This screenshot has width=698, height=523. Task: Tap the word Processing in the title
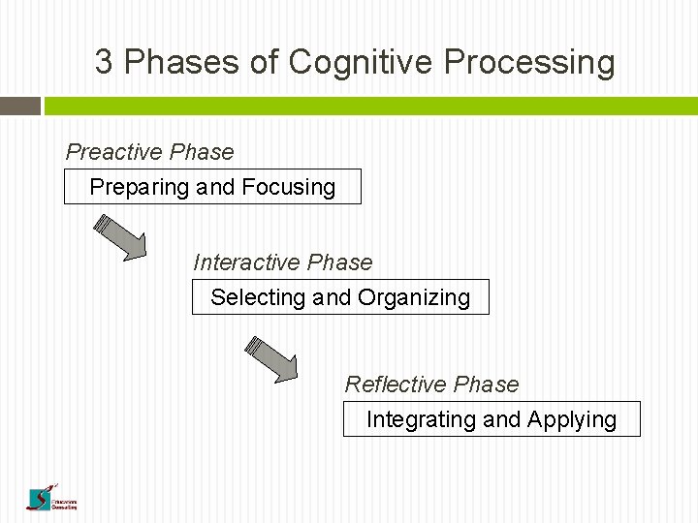click(529, 63)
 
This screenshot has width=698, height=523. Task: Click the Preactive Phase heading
click(149, 152)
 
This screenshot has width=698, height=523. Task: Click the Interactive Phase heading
click(282, 262)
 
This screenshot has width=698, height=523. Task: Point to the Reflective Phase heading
click(431, 385)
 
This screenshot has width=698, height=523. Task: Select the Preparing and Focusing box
click(212, 187)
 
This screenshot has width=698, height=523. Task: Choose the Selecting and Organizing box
click(340, 297)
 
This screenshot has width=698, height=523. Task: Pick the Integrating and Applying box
click(492, 419)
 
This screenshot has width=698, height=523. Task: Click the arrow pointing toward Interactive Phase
click(120, 238)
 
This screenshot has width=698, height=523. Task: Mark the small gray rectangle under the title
click(20, 106)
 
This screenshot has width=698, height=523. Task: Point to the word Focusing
click(289, 187)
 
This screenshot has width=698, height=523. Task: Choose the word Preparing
click(139, 187)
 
